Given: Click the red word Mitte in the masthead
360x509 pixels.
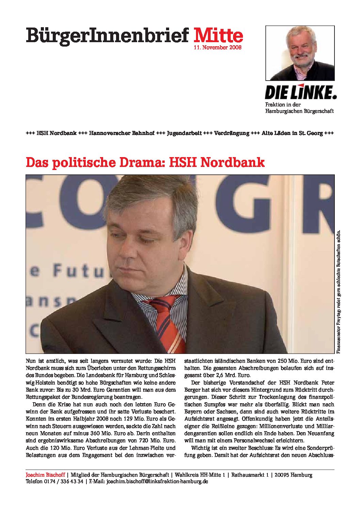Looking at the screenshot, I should point(218,35).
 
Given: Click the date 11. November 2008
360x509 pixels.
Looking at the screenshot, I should point(217,48).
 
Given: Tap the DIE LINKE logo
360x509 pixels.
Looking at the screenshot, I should point(300,92).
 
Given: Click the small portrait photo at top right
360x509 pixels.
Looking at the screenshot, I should point(300,53).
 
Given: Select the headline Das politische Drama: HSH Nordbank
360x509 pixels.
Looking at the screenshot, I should point(145,163).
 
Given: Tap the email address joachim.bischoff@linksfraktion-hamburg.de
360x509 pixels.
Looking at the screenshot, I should point(157,481).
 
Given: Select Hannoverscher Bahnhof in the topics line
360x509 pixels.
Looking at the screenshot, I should point(122,133).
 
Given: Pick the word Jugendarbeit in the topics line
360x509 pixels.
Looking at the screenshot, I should point(184,133).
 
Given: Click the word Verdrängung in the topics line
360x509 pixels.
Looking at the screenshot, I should point(231,133).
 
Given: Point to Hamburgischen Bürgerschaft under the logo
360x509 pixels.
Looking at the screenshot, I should point(299,111).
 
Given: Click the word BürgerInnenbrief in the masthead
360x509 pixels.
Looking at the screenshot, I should point(107,35).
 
